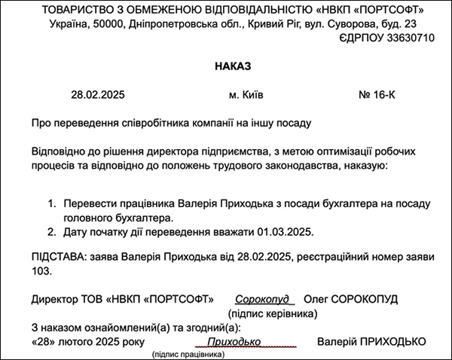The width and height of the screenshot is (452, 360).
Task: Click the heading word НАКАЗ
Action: pos(234,68)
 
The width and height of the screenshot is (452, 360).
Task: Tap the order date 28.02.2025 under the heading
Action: pos(97,96)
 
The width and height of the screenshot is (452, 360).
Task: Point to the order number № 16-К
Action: pos(377,96)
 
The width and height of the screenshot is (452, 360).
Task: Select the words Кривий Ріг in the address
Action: pos(257,23)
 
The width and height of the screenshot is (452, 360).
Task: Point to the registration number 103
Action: pos(43,270)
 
